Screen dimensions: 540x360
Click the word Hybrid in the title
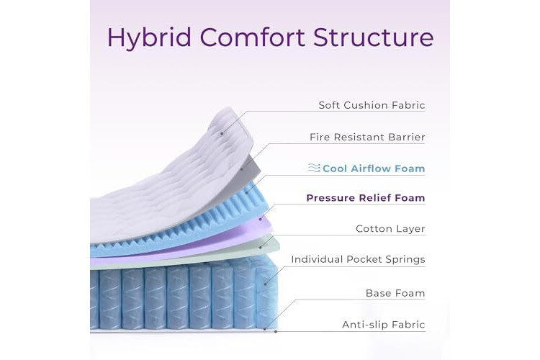[x=149, y=37]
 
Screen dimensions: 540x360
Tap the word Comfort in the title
[x=253, y=37]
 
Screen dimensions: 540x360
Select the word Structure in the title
[x=374, y=37]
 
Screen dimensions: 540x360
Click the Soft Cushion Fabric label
[x=372, y=105]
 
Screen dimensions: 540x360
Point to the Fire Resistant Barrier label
[x=367, y=137]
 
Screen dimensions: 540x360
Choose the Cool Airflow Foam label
[x=374, y=168]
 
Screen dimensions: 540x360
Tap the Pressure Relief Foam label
[x=365, y=198]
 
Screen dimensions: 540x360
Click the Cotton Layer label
[x=390, y=229]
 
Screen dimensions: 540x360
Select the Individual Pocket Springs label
[x=358, y=259]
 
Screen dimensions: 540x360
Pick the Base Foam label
[x=395, y=293]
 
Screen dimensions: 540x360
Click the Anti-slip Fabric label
[x=383, y=325]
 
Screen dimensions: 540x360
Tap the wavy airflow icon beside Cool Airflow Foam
[x=314, y=168]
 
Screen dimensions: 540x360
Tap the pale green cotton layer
[x=207, y=259]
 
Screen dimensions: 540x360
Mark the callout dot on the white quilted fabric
[x=222, y=133]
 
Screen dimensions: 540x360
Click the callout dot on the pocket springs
[x=265, y=284]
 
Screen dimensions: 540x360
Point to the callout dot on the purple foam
[x=261, y=219]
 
